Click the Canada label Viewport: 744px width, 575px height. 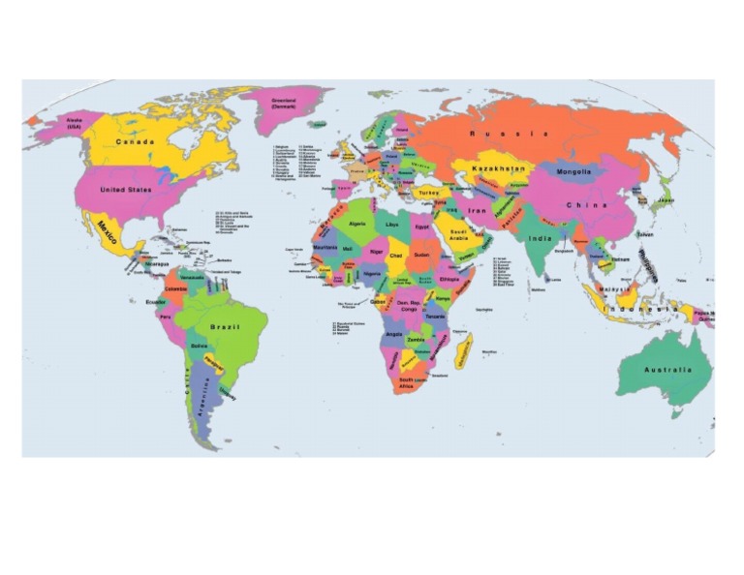pyautogui.click(x=135, y=141)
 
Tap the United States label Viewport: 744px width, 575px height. pyautogui.click(x=126, y=190)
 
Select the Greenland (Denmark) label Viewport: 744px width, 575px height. pyautogui.click(x=284, y=103)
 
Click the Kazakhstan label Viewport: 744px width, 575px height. pyautogui.click(x=499, y=168)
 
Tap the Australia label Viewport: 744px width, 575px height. pyautogui.click(x=667, y=370)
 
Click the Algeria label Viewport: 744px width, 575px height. pyautogui.click(x=357, y=224)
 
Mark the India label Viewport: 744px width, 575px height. pyautogui.click(x=540, y=238)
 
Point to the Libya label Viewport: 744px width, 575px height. pyautogui.click(x=392, y=225)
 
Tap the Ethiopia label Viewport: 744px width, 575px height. pyautogui.click(x=449, y=279)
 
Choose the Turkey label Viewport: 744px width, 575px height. pyautogui.click(x=429, y=193)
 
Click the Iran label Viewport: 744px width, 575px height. pyautogui.click(x=478, y=210)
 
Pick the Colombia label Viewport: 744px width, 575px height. pyautogui.click(x=176, y=289)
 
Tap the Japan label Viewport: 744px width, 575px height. pyautogui.click(x=666, y=200)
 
